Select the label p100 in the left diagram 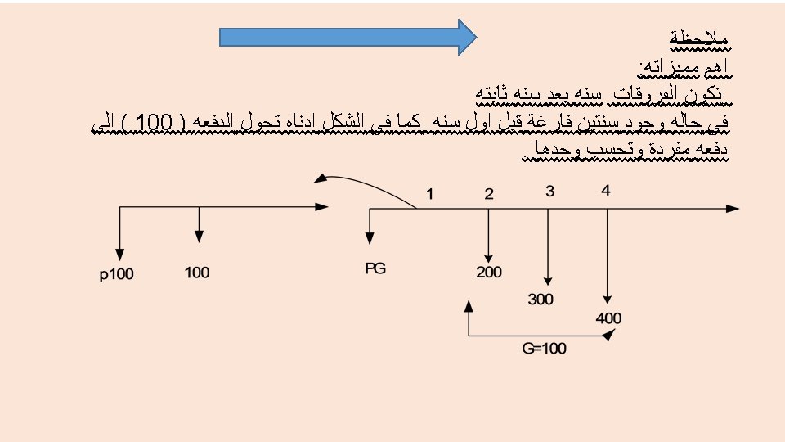pos(116,273)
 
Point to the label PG pos(375,268)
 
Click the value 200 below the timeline pos(489,273)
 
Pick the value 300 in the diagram pos(541,300)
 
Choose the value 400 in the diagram pos(608,318)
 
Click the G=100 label pos(544,349)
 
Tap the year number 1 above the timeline pos(429,194)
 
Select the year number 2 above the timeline pos(488,194)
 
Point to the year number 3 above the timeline pos(549,192)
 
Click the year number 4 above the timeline pos(605,192)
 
